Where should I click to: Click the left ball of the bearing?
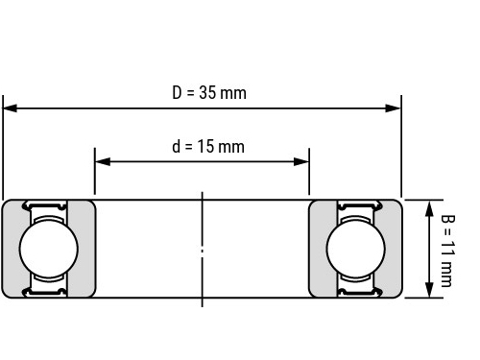(x=49, y=249)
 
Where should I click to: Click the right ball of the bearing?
(x=356, y=249)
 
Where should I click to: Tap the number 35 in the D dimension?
(x=207, y=92)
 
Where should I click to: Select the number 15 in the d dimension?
(x=205, y=146)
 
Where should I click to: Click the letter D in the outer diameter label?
(x=177, y=92)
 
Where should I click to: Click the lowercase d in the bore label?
(x=177, y=146)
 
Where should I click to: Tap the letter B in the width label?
(x=447, y=219)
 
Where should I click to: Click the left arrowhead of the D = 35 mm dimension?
(x=10, y=108)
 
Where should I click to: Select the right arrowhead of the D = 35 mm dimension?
(x=394, y=108)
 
